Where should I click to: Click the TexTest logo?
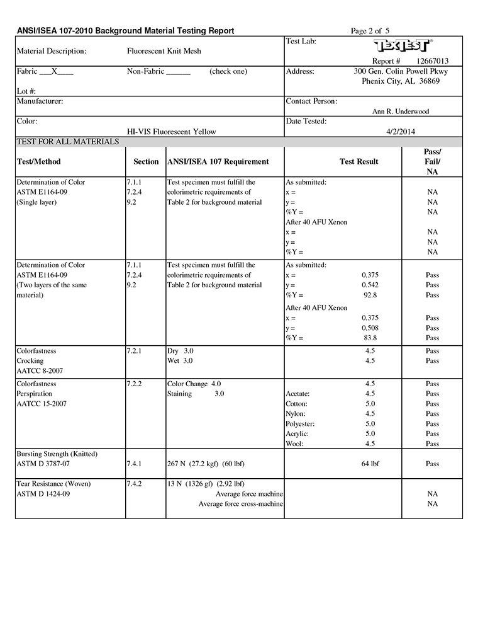pos(403,46)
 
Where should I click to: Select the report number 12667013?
pos(433,61)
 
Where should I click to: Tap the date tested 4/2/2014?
pos(400,132)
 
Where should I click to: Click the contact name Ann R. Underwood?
pos(401,112)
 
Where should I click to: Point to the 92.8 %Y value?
pos(370,295)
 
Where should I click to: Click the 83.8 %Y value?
pos(370,338)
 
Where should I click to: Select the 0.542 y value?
pos(370,285)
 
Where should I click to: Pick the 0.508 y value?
pos(370,328)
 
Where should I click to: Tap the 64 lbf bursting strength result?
pos(370,464)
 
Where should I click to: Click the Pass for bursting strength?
pos(432,464)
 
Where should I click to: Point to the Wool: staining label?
pos(295,444)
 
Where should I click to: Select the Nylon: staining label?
pos(296,413)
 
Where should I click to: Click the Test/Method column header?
pos(38,161)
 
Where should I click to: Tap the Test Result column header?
pos(358,161)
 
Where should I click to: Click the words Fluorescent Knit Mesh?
pos(164,51)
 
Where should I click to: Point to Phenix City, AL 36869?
pos(401,81)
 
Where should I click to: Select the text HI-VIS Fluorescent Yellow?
pos(171,132)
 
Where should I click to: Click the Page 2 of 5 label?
pos(370,31)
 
